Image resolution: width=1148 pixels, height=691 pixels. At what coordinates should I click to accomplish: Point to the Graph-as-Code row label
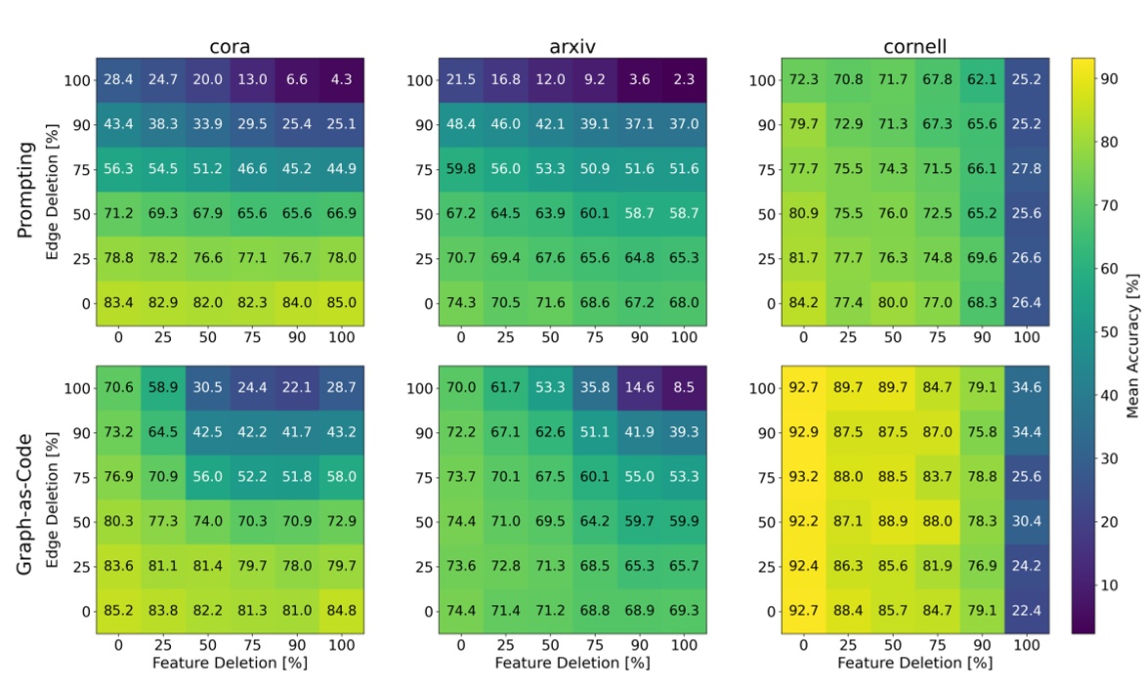point(26,499)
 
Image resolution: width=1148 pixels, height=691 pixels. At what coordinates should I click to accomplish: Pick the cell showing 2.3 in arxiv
point(684,79)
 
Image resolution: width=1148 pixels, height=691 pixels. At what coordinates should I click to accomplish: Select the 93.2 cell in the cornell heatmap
point(803,477)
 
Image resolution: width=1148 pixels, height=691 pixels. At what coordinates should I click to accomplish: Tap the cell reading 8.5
point(684,388)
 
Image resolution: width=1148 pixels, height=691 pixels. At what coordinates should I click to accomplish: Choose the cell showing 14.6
point(639,388)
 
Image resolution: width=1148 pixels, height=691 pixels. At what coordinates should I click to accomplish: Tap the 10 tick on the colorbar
point(1108,584)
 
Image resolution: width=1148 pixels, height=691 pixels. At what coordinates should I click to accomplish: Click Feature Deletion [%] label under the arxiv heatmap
point(572,663)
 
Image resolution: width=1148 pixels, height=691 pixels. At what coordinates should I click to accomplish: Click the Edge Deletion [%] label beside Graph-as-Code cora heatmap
point(56,499)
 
